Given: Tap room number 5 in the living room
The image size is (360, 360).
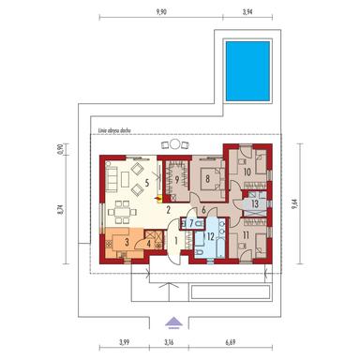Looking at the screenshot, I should pos(146,185).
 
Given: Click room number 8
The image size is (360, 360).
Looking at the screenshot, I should pos(208,176).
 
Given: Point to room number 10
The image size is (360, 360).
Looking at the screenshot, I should pos(246,172).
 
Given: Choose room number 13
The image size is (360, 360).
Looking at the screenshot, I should pos(256,203).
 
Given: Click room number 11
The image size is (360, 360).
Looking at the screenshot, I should pos(246,236).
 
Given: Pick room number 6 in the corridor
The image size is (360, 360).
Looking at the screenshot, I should pos(202,210).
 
